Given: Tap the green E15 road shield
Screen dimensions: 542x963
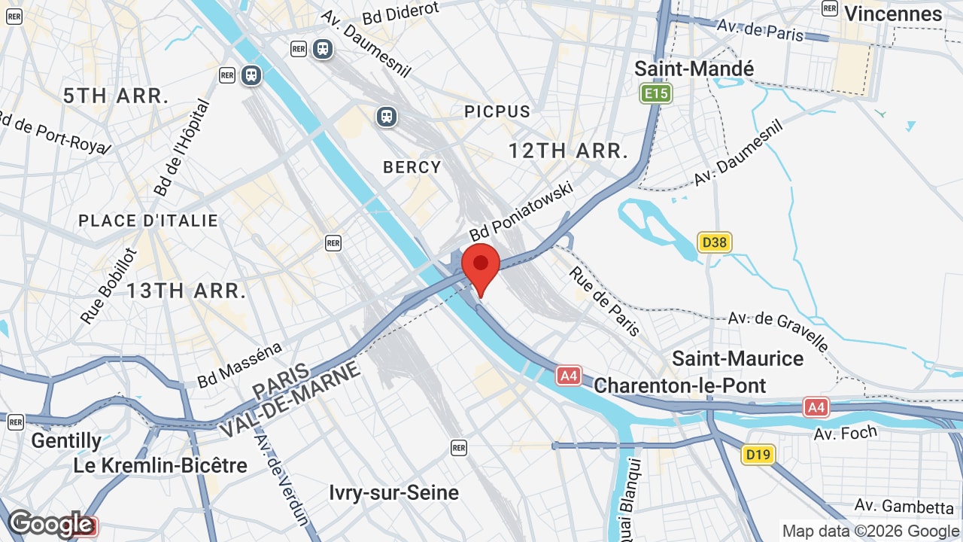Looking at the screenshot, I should pyautogui.click(x=656, y=93).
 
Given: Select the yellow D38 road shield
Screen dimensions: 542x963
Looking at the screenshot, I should pyautogui.click(x=714, y=242).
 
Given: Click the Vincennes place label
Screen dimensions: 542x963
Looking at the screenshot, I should pyautogui.click(x=893, y=14).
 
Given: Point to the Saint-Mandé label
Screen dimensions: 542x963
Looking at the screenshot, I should pyautogui.click(x=694, y=69).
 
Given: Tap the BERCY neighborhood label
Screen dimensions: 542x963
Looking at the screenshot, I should pyautogui.click(x=412, y=167).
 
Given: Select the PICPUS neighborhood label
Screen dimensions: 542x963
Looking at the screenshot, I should pyautogui.click(x=497, y=111).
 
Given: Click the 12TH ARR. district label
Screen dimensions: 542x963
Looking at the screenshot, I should pyautogui.click(x=568, y=151).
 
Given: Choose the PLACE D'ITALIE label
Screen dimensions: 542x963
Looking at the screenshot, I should pyautogui.click(x=148, y=221).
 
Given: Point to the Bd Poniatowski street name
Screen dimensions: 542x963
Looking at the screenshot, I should pyautogui.click(x=521, y=210).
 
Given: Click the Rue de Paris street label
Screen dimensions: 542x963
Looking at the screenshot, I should pyautogui.click(x=604, y=301).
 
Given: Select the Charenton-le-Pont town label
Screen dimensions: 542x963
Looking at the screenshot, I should pyautogui.click(x=679, y=385).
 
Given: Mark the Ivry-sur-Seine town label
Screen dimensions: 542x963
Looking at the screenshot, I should pyautogui.click(x=393, y=492).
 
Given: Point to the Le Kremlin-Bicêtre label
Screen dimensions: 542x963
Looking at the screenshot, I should pyautogui.click(x=160, y=465).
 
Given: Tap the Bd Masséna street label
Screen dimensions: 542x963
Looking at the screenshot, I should pyautogui.click(x=239, y=365).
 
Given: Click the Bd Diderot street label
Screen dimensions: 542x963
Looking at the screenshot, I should pyautogui.click(x=400, y=11).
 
